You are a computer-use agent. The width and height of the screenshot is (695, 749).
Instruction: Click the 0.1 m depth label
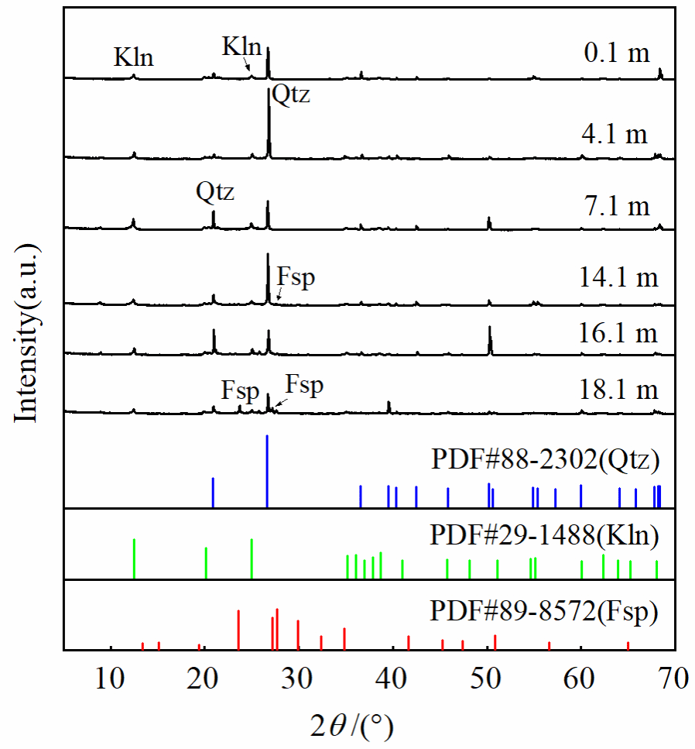pos(616,56)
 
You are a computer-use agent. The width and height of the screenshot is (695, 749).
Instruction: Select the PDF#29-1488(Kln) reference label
pos(544,535)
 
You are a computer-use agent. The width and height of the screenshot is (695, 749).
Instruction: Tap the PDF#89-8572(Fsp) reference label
pos(544,612)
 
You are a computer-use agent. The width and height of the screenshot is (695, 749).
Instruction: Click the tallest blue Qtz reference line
pos(267,471)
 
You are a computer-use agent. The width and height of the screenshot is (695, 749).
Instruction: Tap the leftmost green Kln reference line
pos(134,558)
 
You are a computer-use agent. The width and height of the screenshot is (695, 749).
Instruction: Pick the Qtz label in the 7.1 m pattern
pos(214,191)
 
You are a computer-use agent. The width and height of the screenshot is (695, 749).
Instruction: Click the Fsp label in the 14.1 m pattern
pos(296,278)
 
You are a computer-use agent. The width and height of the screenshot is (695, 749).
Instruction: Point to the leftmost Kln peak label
pos(133,57)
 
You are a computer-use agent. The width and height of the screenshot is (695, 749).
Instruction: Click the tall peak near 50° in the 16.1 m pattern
pos(489,339)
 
